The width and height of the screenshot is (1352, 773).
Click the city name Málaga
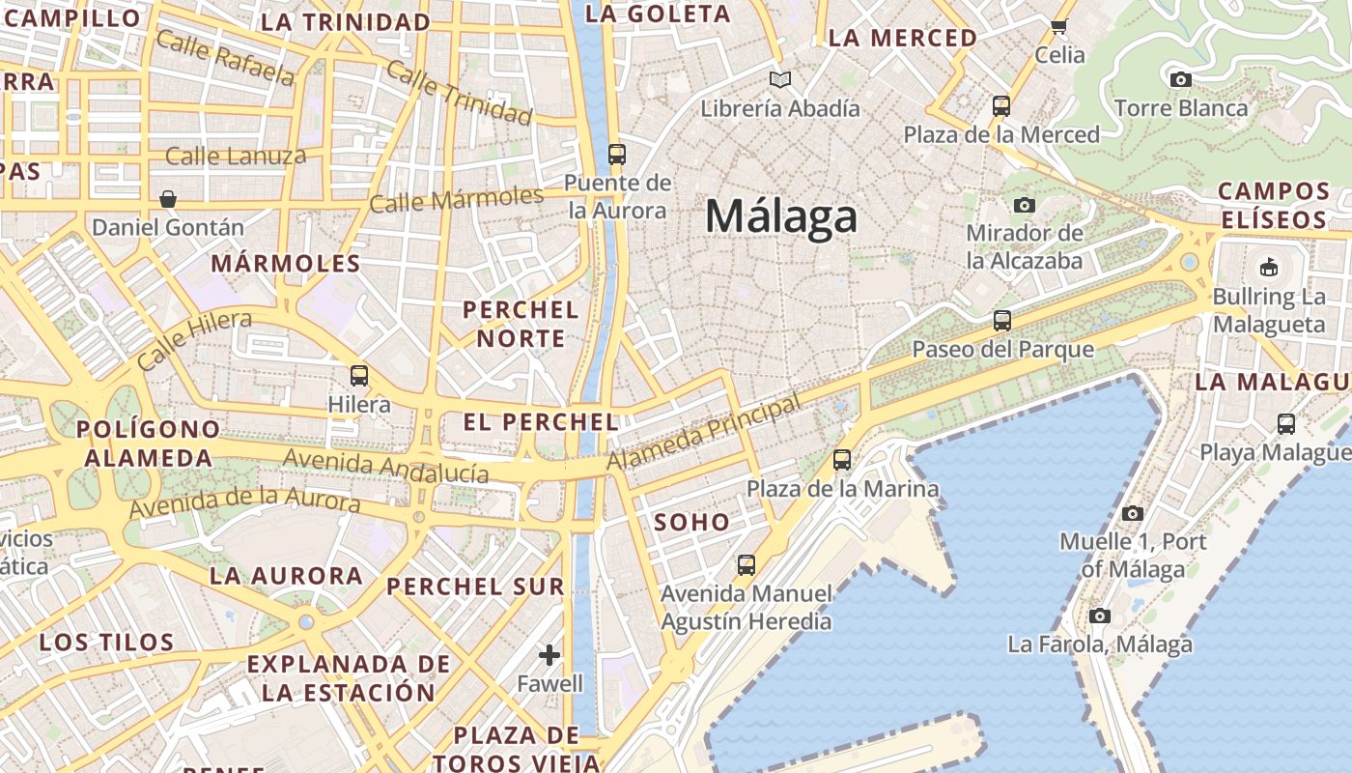tap(780, 216)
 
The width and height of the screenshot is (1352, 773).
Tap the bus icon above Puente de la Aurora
tap(616, 155)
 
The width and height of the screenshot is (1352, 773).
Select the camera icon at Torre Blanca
tap(1180, 80)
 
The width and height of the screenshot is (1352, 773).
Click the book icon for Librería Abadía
tap(779, 79)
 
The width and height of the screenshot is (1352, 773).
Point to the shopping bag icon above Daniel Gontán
tap(168, 199)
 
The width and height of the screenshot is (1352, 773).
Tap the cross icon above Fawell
tap(549, 655)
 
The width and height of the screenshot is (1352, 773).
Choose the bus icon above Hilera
tap(359, 375)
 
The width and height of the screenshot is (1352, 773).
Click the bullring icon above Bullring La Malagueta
tap(1268, 266)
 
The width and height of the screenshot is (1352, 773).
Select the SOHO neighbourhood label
tap(692, 523)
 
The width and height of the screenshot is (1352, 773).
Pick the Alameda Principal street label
tap(704, 434)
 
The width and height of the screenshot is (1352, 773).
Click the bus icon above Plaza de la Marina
tap(842, 460)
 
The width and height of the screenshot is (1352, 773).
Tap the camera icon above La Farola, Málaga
tap(1099, 616)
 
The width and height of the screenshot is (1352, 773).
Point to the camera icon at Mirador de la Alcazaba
tap(1024, 205)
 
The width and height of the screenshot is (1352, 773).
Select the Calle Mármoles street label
tap(457, 200)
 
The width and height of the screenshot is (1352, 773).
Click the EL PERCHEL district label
tap(541, 422)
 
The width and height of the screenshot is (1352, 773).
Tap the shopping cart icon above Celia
tap(1058, 27)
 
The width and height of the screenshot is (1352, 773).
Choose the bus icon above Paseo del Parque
tap(1002, 321)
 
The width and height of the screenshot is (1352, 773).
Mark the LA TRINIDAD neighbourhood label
tap(346, 22)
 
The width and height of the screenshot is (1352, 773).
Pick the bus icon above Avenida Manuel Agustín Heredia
tap(746, 564)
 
